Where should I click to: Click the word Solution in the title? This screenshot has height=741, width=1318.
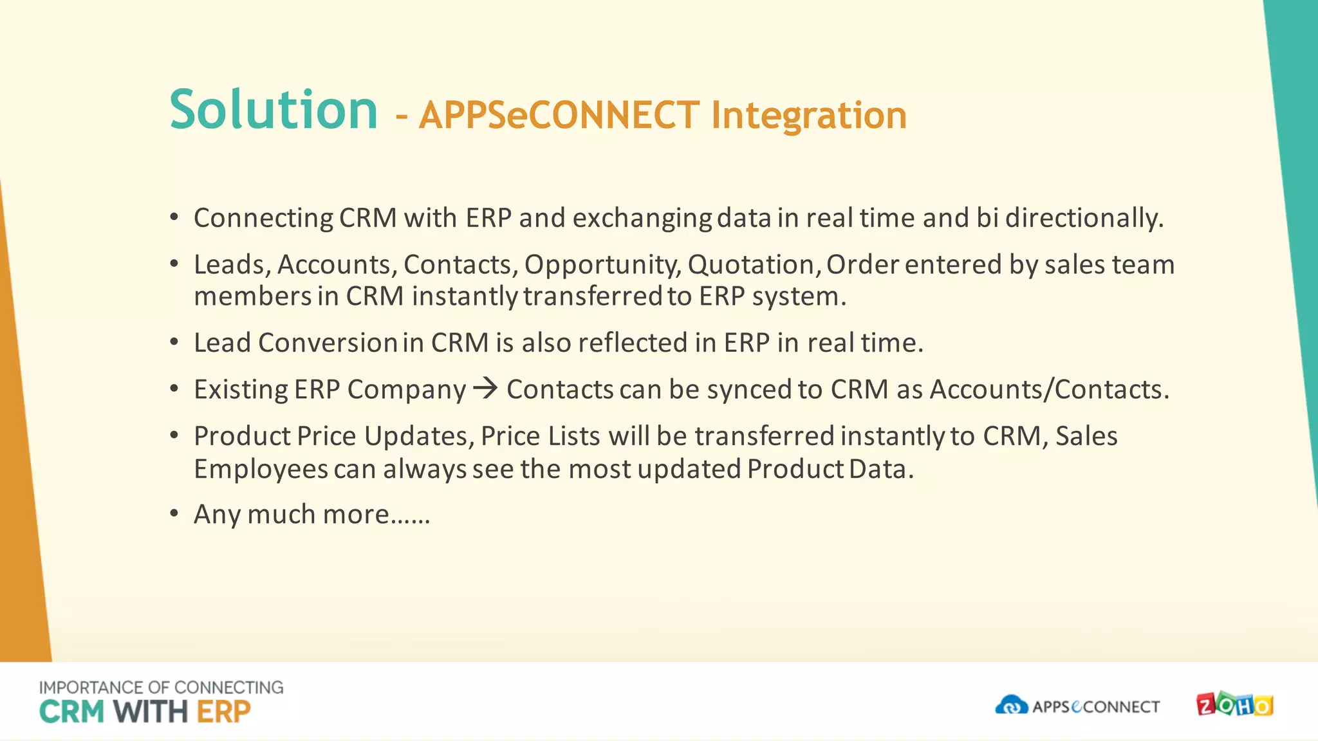click(274, 111)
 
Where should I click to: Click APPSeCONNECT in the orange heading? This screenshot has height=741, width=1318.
click(559, 116)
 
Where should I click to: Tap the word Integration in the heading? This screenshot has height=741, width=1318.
click(808, 116)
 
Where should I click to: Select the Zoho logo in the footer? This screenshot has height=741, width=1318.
click(1234, 706)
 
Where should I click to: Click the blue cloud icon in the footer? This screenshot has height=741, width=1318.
click(1011, 706)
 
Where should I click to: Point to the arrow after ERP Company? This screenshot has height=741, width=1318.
click(485, 388)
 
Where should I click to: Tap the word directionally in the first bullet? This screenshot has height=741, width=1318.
click(1084, 218)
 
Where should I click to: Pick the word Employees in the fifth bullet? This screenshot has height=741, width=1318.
click(261, 470)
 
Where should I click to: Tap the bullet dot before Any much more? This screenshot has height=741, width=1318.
click(174, 513)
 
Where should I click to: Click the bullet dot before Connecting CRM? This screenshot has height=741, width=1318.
click(174, 217)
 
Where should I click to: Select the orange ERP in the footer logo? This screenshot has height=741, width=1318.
click(223, 712)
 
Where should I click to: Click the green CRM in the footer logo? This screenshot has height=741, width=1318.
click(71, 712)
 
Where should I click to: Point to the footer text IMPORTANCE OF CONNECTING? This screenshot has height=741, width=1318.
click(161, 687)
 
